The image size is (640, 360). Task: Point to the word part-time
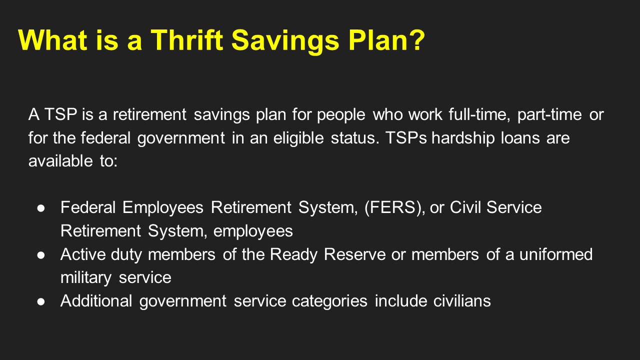pyautogui.click(x=549, y=114)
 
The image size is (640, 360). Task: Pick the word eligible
pyautogui.click(x=298, y=137)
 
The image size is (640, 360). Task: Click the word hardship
pyautogui.click(x=463, y=137)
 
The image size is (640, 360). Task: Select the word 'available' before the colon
pyautogui.click(x=57, y=160)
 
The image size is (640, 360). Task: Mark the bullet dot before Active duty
pyautogui.click(x=41, y=255)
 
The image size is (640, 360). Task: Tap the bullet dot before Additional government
pyautogui.click(x=41, y=301)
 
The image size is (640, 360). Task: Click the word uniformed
pyautogui.click(x=555, y=254)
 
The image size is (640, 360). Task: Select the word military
pyautogui.click(x=86, y=277)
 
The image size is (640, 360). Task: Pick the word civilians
pyautogui.click(x=462, y=301)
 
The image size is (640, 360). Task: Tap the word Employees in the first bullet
pyautogui.click(x=163, y=207)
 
